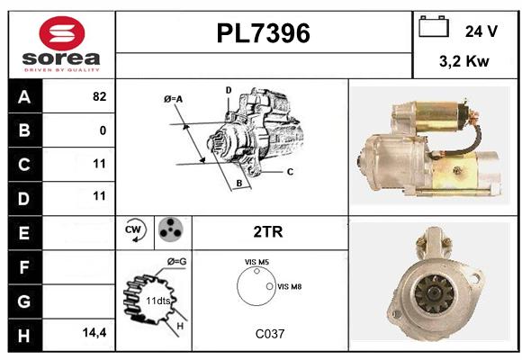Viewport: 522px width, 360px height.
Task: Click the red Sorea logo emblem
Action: [62, 33]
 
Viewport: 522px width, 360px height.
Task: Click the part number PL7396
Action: [264, 33]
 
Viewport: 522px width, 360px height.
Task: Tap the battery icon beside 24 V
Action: [434, 26]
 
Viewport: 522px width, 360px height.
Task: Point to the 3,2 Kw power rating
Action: [464, 61]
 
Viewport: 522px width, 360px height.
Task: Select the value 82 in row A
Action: [100, 96]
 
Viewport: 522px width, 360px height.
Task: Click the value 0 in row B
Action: [103, 130]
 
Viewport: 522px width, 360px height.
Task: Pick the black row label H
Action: [24, 336]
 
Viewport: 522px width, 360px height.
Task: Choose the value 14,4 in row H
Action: [94, 332]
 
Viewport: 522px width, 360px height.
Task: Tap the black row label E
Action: [24, 233]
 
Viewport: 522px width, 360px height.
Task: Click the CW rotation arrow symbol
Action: [134, 229]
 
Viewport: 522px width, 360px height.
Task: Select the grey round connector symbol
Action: [171, 229]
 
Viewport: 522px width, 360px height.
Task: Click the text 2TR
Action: [268, 232]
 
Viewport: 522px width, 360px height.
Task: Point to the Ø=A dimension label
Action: [173, 99]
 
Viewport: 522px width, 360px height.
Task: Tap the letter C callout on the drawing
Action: [290, 172]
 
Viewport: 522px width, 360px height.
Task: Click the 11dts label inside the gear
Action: [158, 301]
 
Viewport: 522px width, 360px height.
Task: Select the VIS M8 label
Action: [289, 286]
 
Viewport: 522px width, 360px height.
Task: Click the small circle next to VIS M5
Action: [256, 271]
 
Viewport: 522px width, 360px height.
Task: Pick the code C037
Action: [270, 334]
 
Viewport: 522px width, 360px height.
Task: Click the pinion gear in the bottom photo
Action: [434, 293]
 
